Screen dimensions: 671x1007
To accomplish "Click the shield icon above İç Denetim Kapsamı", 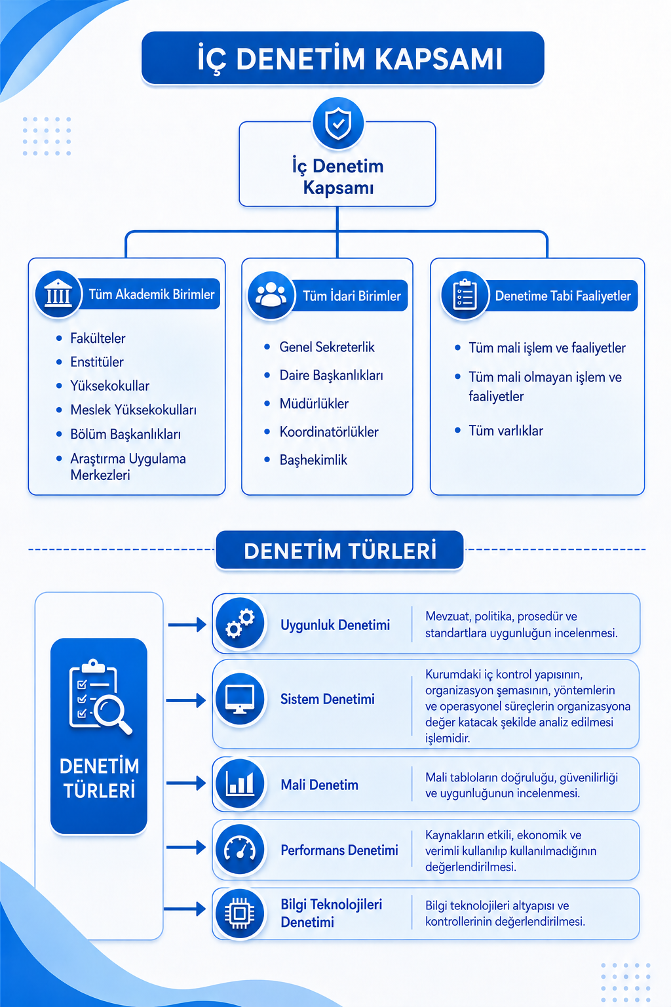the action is [338, 123].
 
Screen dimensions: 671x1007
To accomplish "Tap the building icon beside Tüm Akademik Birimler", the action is [58, 295].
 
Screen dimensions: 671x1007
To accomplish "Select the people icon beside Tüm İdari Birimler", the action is [271, 296].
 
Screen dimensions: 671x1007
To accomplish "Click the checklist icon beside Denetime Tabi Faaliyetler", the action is [465, 296].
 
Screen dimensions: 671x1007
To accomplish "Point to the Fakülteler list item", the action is [98, 338].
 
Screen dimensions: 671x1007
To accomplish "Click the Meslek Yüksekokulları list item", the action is [133, 410].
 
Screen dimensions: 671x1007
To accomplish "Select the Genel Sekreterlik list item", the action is [327, 347].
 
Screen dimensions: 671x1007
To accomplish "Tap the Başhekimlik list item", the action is [313, 460].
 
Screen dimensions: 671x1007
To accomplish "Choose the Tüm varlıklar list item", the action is [506, 431].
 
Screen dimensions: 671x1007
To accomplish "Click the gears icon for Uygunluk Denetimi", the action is [240, 623].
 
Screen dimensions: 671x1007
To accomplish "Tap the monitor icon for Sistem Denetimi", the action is [240, 699].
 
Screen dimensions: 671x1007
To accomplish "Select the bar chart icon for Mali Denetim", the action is [240, 784].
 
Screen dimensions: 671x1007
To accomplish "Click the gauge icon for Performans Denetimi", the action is [240, 849].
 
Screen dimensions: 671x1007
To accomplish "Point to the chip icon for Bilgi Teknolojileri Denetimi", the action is [240, 913].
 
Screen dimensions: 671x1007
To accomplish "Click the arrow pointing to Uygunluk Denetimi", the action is [187, 624].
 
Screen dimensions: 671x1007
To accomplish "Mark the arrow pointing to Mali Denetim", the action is [186, 783].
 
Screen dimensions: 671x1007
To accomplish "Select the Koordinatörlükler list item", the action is [329, 432].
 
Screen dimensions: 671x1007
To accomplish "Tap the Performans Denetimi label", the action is [339, 850].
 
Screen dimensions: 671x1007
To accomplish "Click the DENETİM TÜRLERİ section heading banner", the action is [340, 551].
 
